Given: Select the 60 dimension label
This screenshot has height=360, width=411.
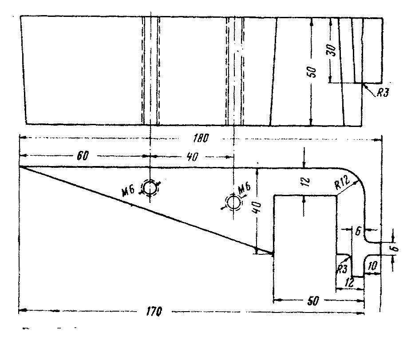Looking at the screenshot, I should click(x=83, y=156).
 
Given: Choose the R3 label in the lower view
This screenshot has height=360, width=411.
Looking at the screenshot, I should click(x=341, y=269).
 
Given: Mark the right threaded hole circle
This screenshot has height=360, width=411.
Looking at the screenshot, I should click(x=233, y=202).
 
